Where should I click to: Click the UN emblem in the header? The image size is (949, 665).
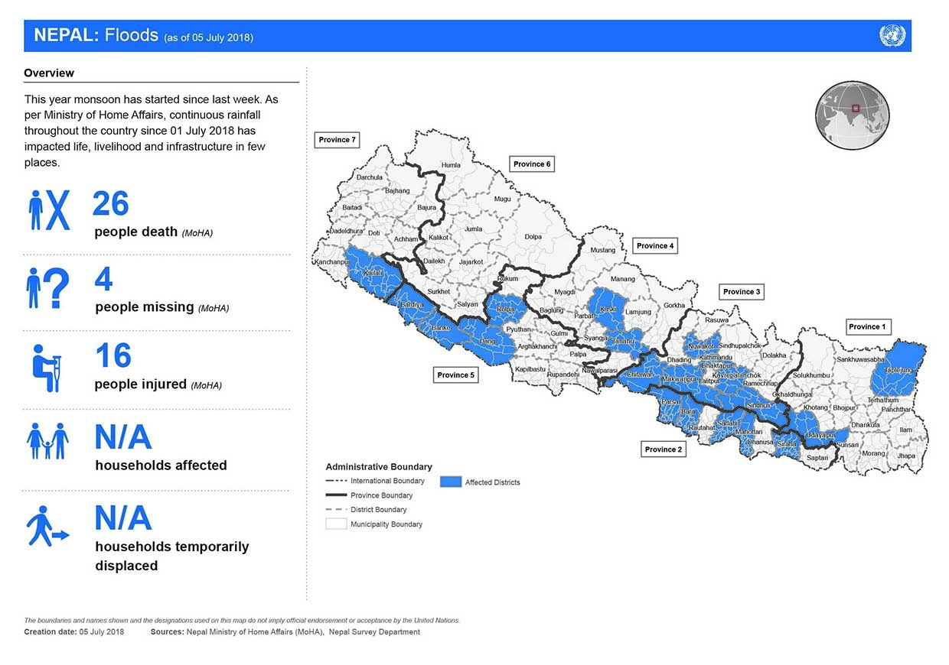pyautogui.click(x=892, y=36)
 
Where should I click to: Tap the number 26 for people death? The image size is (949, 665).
pyautogui.click(x=110, y=205)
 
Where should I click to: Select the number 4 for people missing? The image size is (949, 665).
pyautogui.click(x=103, y=281)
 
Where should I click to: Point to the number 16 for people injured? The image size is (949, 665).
pyautogui.click(x=113, y=356)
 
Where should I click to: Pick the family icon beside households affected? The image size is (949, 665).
pyautogui.click(x=47, y=441)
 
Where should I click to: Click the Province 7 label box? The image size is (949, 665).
pyautogui.click(x=338, y=140)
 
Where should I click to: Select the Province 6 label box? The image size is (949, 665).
pyautogui.click(x=532, y=164)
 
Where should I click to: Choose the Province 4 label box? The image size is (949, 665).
pyautogui.click(x=655, y=245)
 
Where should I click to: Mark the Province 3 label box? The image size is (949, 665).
pyautogui.click(x=742, y=291)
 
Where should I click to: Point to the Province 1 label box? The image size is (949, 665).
pyautogui.click(x=868, y=326)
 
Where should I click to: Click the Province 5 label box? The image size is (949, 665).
pyautogui.click(x=455, y=375)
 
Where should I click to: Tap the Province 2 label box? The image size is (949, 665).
pyautogui.click(x=663, y=449)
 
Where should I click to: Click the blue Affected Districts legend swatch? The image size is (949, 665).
pyautogui.click(x=451, y=482)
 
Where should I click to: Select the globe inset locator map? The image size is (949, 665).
pyautogui.click(x=852, y=115)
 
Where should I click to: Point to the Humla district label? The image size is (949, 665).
pyautogui.click(x=451, y=165)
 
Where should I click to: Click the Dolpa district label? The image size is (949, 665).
pyautogui.click(x=533, y=237)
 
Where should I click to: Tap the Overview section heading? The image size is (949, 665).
pyautogui.click(x=49, y=73)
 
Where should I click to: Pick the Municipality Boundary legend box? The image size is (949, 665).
pyautogui.click(x=336, y=524)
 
